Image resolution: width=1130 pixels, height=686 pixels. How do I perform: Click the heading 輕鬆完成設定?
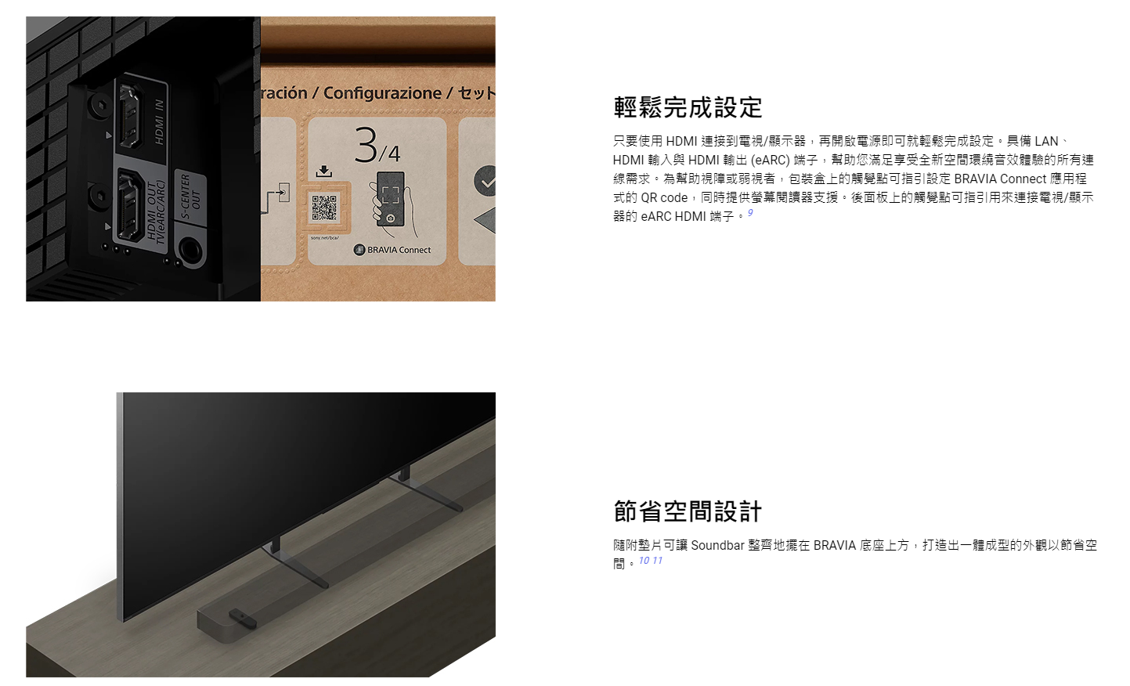tap(688, 107)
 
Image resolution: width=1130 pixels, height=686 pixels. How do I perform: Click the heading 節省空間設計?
tap(688, 511)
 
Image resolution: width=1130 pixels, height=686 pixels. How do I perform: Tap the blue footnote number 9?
tap(750, 213)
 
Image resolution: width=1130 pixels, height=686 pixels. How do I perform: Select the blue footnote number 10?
tap(644, 561)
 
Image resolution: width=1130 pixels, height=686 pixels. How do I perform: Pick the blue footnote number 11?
tap(657, 561)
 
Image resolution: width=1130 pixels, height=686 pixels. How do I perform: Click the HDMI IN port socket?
tap(129, 116)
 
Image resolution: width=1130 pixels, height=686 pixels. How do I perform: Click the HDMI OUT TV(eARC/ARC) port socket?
tap(128, 206)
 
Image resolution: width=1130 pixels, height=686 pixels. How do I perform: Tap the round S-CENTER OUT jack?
tap(190, 249)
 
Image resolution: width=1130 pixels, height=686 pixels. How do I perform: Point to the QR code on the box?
tap(324, 208)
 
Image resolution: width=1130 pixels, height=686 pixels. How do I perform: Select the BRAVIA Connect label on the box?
tap(392, 250)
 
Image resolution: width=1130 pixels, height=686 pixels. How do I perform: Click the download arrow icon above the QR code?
tap(324, 171)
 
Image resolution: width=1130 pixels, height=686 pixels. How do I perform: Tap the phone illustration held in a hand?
tap(391, 199)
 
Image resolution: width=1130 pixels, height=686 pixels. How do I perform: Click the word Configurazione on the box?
tap(382, 93)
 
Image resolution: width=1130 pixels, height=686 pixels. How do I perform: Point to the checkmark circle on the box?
tap(486, 181)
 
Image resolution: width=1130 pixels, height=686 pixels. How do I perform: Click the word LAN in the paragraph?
tap(1046, 141)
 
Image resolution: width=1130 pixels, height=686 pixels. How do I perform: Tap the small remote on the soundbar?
tap(243, 618)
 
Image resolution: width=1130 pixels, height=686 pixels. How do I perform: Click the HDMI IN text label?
tap(160, 122)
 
